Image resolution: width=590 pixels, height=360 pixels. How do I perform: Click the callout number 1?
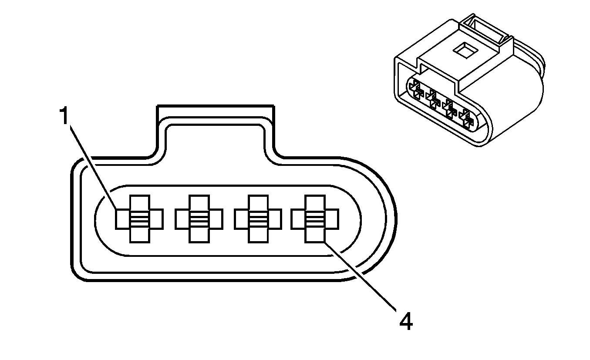point(64,117)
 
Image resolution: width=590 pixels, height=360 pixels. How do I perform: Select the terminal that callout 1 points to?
point(139,219)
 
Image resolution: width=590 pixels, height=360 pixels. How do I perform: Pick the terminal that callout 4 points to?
point(315,219)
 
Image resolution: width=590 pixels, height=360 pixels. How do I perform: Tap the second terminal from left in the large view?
point(199,219)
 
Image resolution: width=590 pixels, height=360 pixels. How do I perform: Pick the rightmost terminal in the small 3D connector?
point(468,118)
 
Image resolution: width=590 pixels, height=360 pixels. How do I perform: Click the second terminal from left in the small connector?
point(432,98)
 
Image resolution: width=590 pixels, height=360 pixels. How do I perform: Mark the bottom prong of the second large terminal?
point(199,235)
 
